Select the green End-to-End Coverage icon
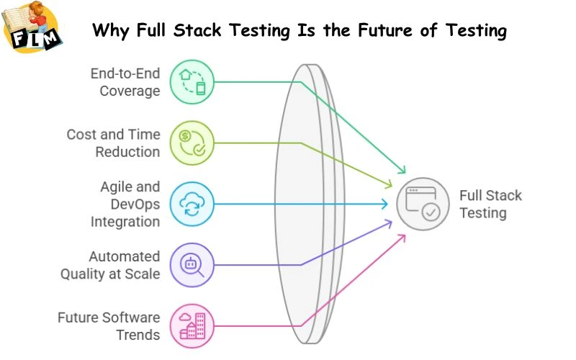click(x=191, y=82)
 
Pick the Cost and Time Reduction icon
click(x=191, y=143)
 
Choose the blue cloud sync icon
click(x=191, y=204)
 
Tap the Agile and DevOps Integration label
click(x=125, y=204)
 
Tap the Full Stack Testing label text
click(x=491, y=204)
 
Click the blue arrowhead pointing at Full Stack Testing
click(x=386, y=204)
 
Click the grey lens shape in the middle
click(x=306, y=204)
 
